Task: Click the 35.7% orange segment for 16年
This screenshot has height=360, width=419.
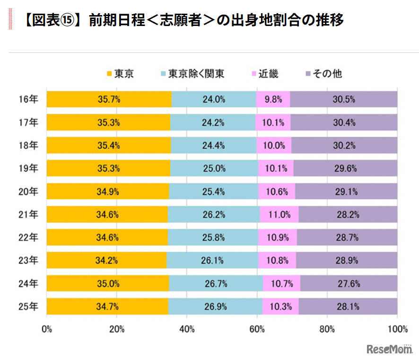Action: [109, 100]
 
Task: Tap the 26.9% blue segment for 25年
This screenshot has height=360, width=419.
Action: [215, 307]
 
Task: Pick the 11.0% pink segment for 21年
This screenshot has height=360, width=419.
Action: [279, 214]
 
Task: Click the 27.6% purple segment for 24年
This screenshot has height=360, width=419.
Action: [349, 284]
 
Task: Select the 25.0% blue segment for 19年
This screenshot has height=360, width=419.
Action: [214, 169]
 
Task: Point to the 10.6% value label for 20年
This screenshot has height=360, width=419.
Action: [277, 192]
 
